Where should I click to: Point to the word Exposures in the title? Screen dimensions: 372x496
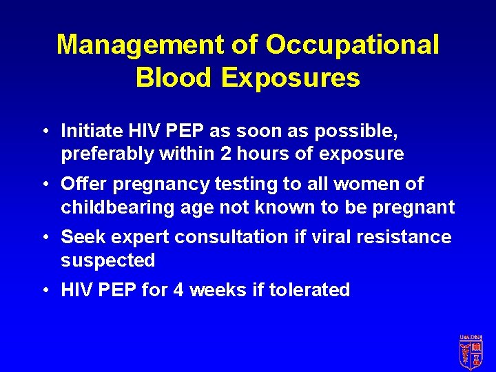pyautogui.click(x=290, y=78)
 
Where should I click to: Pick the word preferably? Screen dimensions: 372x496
pyautogui.click(x=107, y=154)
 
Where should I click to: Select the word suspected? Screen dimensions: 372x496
pyautogui.click(x=108, y=260)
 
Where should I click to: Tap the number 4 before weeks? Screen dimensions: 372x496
pyautogui.click(x=178, y=290)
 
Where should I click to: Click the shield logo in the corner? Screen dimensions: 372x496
pyautogui.click(x=471, y=351)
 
